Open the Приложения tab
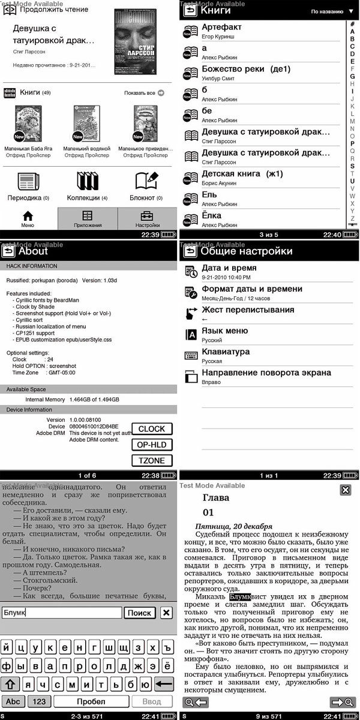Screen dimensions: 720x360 click(x=87, y=219)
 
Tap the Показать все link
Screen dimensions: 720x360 click(x=144, y=93)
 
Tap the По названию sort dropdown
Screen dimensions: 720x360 click(x=332, y=11)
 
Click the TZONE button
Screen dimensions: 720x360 click(x=152, y=460)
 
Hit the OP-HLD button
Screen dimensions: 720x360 click(x=152, y=445)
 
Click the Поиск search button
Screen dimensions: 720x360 click(x=140, y=613)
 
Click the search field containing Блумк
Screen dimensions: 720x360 click(x=60, y=613)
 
